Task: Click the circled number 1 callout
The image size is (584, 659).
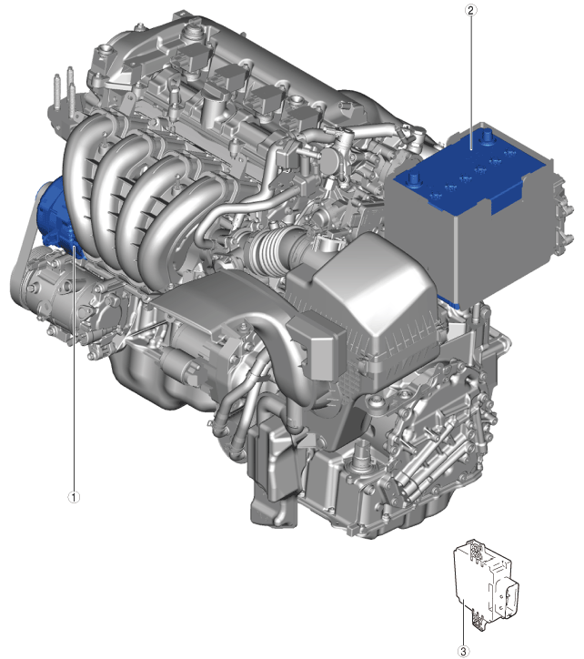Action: [74, 497]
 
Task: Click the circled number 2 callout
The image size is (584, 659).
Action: [470, 10]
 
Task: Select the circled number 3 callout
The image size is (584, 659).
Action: [463, 652]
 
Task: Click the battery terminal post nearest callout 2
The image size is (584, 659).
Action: [488, 137]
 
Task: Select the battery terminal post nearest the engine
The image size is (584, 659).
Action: [414, 178]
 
